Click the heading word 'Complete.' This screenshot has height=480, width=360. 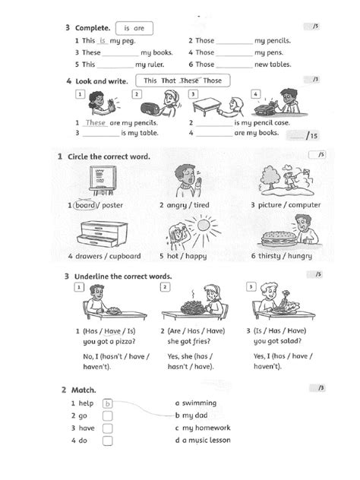point(96,28)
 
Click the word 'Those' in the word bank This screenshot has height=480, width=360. point(213,80)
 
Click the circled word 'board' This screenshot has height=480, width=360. point(84,205)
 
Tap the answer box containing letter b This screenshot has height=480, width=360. point(108,404)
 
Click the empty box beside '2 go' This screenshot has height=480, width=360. point(108,416)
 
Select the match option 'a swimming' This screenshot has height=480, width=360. point(195,403)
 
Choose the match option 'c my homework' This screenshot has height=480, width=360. point(201,428)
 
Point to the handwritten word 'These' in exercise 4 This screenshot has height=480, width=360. point(96,122)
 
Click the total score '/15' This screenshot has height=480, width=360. point(310,137)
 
